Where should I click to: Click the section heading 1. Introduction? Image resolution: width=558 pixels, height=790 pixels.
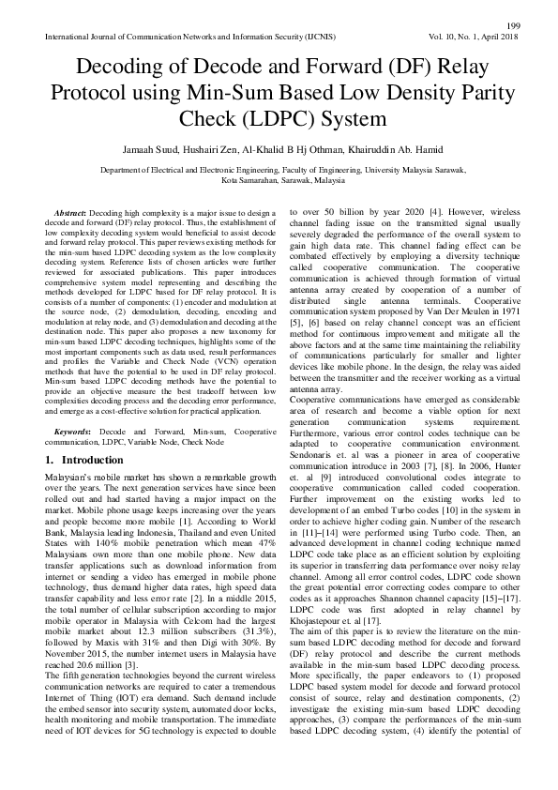(x=89, y=461)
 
